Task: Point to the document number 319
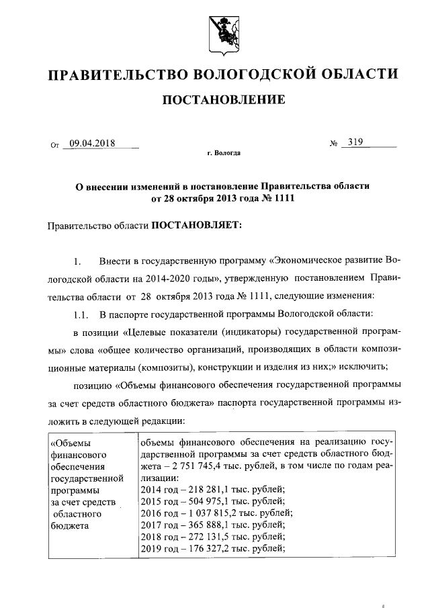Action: (x=352, y=142)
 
